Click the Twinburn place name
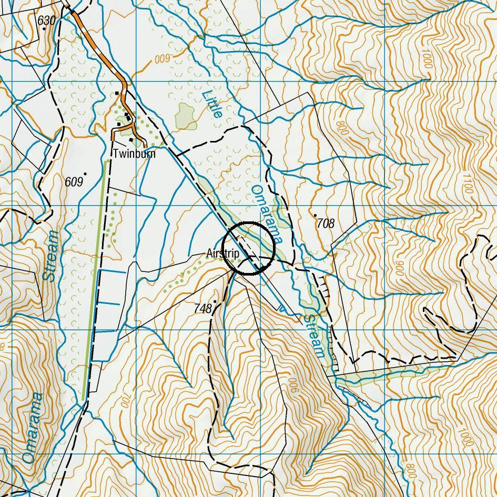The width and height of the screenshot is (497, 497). pos(134,154)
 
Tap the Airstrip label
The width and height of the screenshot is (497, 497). pos(223,254)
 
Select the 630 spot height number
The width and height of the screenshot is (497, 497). pos(46,21)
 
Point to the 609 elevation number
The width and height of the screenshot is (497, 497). pos(74,182)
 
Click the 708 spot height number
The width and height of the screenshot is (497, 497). pos(326,224)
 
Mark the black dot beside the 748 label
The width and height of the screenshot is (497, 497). pos(215,302)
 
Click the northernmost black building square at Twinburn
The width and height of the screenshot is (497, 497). pos(117,94)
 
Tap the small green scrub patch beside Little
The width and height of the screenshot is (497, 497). pos(185,115)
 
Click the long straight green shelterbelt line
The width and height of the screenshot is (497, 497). pos(95,279)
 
